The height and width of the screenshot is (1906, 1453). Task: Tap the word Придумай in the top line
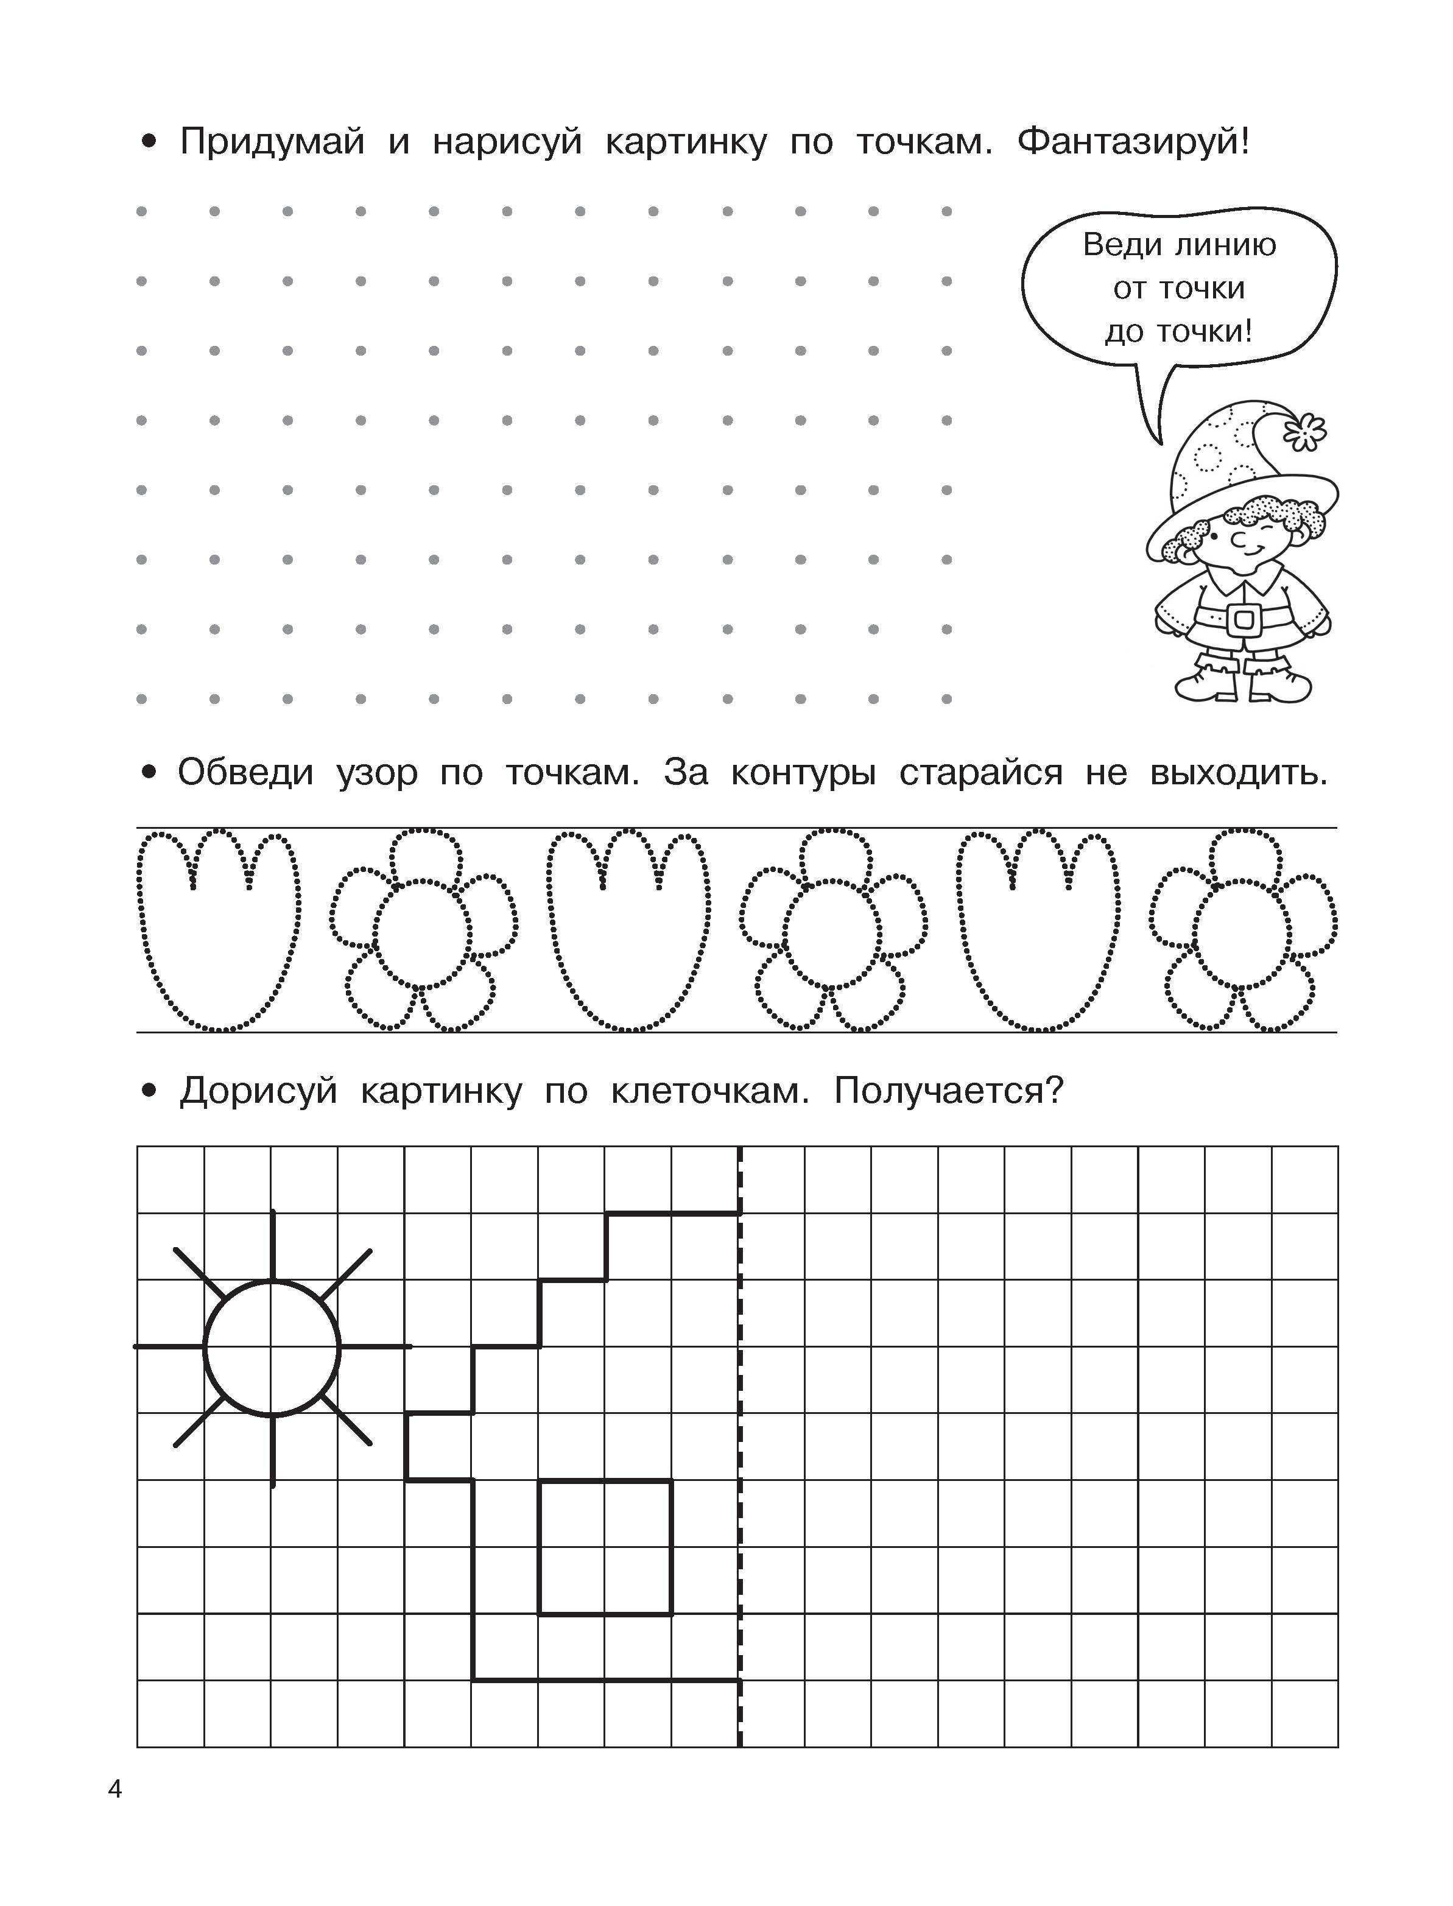pyautogui.click(x=272, y=142)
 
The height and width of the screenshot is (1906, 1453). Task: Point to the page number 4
pyautogui.click(x=115, y=1789)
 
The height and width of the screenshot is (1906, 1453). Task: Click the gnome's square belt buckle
pyautogui.click(x=1244, y=619)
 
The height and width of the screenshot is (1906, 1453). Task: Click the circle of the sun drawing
pyautogui.click(x=272, y=1348)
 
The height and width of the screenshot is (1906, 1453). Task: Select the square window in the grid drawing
pyautogui.click(x=605, y=1547)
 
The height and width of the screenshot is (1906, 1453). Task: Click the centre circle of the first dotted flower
pyautogui.click(x=423, y=934)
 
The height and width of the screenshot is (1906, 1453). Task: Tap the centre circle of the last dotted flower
pyautogui.click(x=1242, y=934)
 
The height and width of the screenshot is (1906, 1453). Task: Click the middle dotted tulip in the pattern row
pyautogui.click(x=629, y=930)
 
